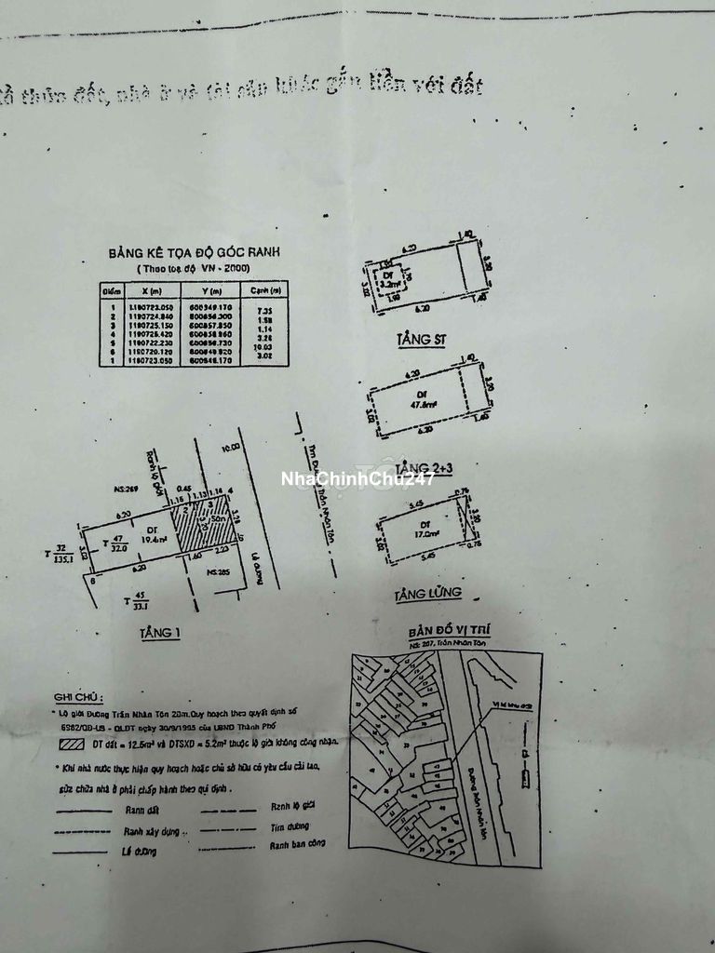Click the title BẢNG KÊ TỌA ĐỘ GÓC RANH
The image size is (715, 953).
pyautogui.click(x=194, y=252)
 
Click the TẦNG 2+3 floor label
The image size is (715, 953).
pyautogui.click(x=424, y=466)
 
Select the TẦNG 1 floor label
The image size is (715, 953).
pyautogui.click(x=159, y=633)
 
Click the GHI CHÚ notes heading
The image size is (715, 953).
pyautogui.click(x=79, y=695)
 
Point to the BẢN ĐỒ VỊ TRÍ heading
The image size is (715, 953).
pyautogui.click(x=449, y=630)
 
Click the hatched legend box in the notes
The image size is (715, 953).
pyautogui.click(x=71, y=743)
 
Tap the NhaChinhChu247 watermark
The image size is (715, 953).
pyautogui.click(x=358, y=479)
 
